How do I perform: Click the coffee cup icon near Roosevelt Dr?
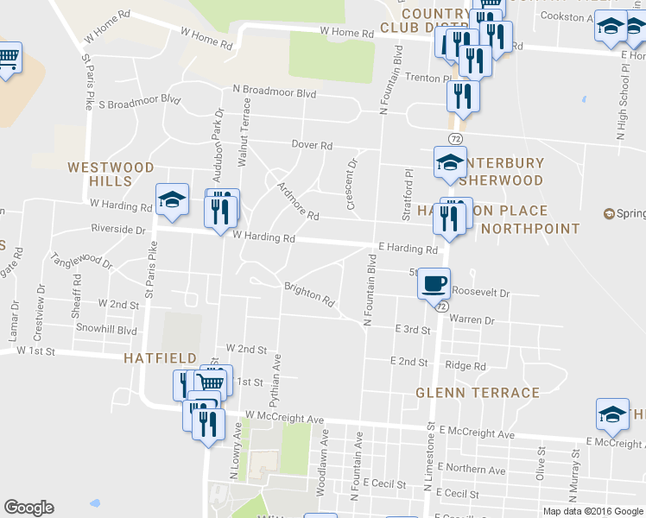point(434,283)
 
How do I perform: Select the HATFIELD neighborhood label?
point(160,357)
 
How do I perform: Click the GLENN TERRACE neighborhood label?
point(478,393)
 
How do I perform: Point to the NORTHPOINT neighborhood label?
point(530,229)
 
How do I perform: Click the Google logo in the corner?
point(28,508)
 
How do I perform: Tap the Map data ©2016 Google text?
point(592,511)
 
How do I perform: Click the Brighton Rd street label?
point(309,294)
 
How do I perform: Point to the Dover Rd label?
point(312,145)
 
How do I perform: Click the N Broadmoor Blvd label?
point(274,90)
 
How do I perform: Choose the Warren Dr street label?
point(471,320)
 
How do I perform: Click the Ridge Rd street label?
point(465,366)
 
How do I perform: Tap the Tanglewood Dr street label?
point(82,261)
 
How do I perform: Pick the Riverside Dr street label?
point(118,230)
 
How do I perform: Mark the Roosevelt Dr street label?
point(480,293)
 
